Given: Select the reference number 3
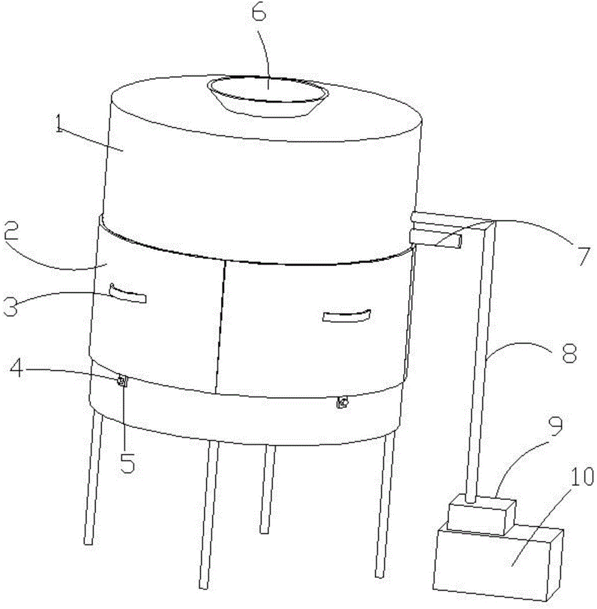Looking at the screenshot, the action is point(10,305).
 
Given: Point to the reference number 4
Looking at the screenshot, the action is point(17,369).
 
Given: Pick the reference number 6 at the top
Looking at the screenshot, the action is point(260,13).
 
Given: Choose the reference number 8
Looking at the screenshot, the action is point(569,353).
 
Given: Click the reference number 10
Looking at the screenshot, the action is point(581,477).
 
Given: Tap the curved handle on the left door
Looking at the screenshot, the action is point(128,294).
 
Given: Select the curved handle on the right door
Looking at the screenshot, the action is point(347,315).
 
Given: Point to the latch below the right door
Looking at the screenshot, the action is point(342,403).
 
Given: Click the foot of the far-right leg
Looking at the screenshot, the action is point(380,574).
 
